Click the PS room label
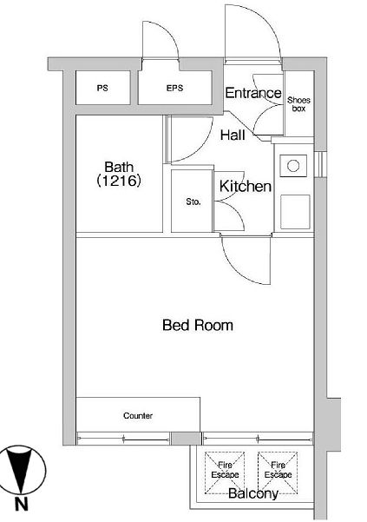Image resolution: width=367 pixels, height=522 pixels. click(102, 89)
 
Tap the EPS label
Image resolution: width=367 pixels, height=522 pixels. click(175, 89)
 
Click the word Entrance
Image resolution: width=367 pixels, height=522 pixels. click(253, 93)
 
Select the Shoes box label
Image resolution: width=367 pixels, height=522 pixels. click(298, 104)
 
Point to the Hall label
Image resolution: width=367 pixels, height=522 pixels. click(233, 135)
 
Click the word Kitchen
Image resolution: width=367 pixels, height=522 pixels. click(246, 187)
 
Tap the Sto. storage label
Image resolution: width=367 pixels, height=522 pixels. click(193, 202)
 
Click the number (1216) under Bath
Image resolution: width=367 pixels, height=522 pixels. click(119, 181)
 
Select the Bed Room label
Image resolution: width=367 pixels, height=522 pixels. click(198, 325)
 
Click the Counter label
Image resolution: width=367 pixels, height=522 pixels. click(138, 415)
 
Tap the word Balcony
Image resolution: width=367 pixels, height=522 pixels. click(253, 493)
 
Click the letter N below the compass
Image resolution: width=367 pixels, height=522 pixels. click(22, 505)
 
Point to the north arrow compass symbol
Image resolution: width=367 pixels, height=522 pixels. click(22, 471)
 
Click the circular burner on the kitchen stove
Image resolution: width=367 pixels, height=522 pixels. click(293, 165)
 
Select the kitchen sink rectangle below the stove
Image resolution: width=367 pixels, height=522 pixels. click(295, 212)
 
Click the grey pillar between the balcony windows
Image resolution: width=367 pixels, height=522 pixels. click(187, 439)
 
